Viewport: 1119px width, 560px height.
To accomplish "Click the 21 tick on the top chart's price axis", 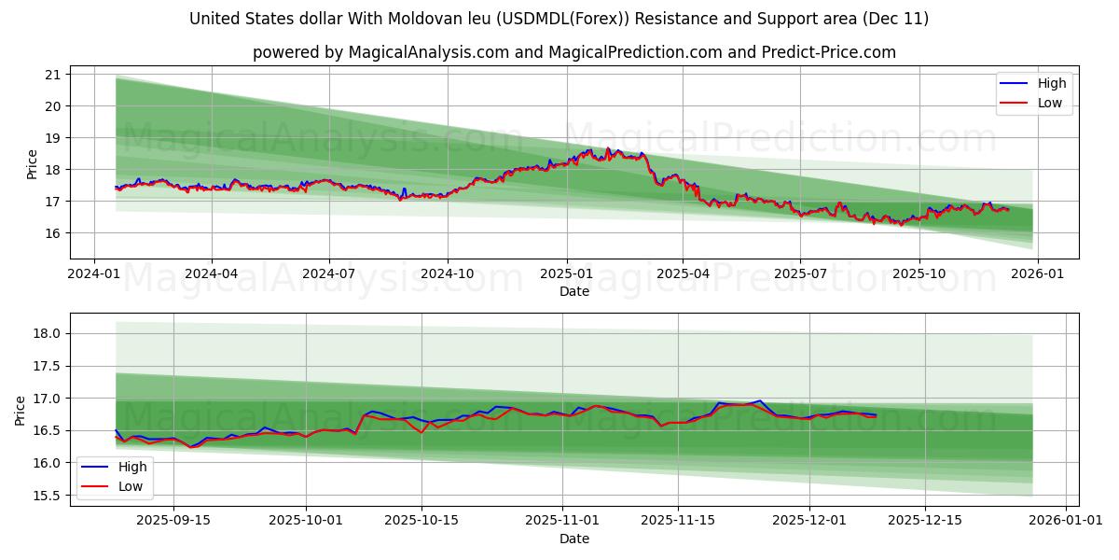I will click(52, 75).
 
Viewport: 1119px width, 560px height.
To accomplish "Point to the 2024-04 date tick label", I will click(211, 274).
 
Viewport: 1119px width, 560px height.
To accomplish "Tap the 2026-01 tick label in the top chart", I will click(1037, 274).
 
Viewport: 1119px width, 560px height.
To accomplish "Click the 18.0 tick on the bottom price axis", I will click(47, 334).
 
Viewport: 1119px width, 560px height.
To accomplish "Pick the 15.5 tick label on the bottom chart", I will click(47, 496).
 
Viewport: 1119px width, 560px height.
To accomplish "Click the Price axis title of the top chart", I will click(33, 163).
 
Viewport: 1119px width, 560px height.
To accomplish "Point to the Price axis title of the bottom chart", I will click(21, 410).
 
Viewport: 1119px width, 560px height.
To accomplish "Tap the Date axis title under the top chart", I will click(574, 291).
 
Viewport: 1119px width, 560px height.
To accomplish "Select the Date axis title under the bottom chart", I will click(574, 539).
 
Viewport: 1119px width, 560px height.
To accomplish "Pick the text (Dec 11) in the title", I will click(897, 19).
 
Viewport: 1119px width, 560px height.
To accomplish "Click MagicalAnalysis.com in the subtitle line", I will click(418, 52).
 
